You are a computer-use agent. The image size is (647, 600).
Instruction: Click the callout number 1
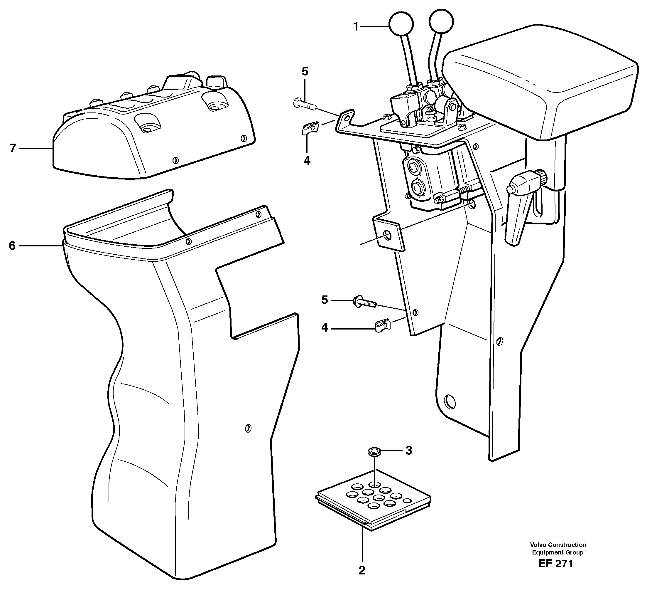[356, 27]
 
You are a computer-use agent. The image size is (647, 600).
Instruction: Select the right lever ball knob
[441, 21]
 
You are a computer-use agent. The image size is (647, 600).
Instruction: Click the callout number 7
[13, 148]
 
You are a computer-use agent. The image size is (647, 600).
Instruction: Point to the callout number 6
[12, 246]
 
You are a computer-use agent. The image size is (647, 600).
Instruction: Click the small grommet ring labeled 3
[375, 452]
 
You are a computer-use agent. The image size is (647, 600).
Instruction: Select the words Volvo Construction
[558, 544]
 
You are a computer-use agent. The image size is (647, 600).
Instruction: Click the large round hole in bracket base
[450, 402]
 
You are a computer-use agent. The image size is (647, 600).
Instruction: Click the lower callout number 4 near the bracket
[325, 328]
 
